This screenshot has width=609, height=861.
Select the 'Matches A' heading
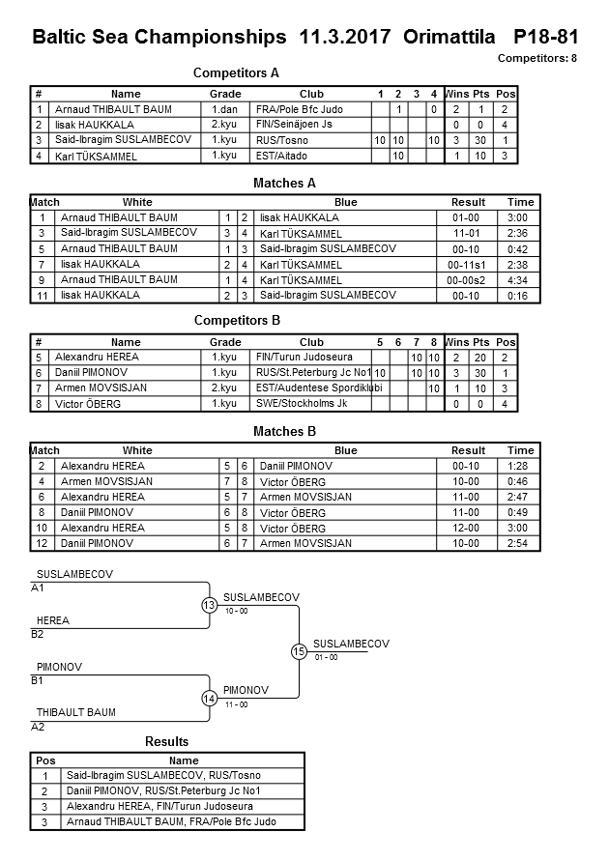tap(284, 183)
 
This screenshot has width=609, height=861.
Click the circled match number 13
tap(209, 605)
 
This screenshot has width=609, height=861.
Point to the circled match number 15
tap(299, 651)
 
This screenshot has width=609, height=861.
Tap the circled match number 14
tap(209, 698)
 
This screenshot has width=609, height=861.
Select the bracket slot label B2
tap(38, 634)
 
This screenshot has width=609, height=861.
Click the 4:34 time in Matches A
tap(520, 279)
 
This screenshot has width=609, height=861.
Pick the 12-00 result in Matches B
tap(468, 528)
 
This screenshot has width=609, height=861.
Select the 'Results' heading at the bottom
tap(166, 741)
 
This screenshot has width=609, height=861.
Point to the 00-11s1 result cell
tap(468, 264)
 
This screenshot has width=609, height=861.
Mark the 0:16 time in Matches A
tap(520, 295)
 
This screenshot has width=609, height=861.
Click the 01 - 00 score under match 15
tap(326, 658)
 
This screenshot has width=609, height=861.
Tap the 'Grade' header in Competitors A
tap(225, 94)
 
